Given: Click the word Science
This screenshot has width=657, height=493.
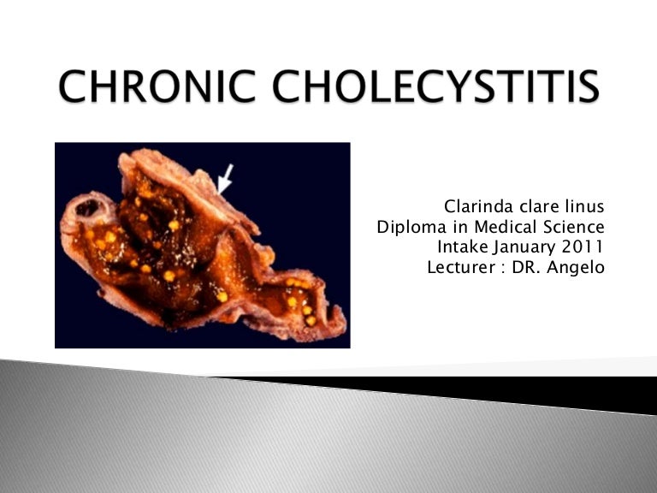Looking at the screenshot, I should (x=574, y=228).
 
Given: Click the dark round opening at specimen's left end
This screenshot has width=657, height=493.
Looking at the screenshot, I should (x=86, y=207).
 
